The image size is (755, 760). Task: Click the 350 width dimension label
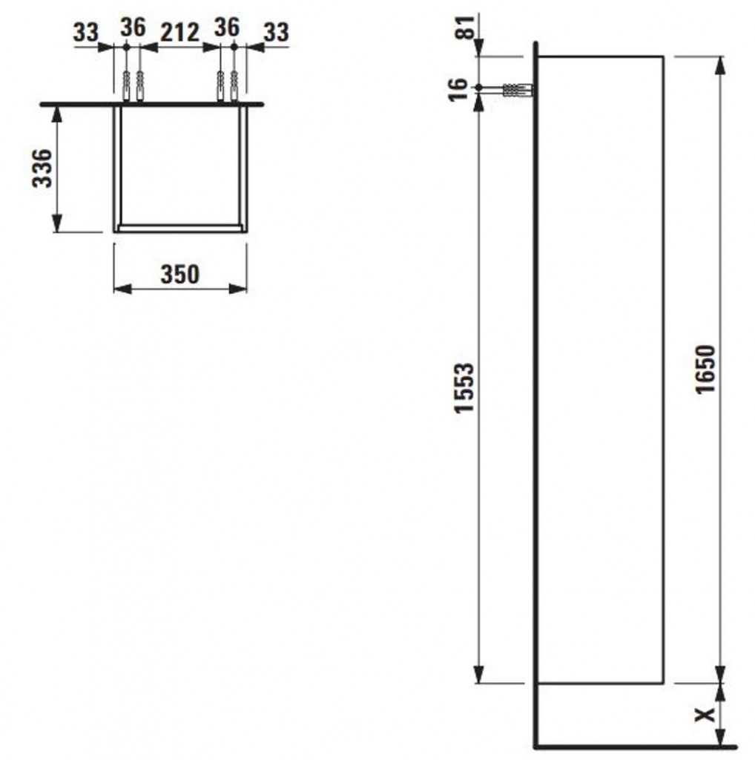(x=179, y=275)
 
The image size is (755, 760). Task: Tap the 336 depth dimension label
(x=42, y=168)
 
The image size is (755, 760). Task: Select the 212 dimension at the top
(x=179, y=33)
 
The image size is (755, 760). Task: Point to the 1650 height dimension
(x=705, y=370)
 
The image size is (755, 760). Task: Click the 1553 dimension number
(x=464, y=387)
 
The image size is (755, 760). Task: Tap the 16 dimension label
(x=458, y=90)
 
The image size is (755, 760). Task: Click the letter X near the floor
(x=705, y=714)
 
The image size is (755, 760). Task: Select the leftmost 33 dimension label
(x=86, y=33)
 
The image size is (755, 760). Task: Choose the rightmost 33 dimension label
(x=276, y=33)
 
